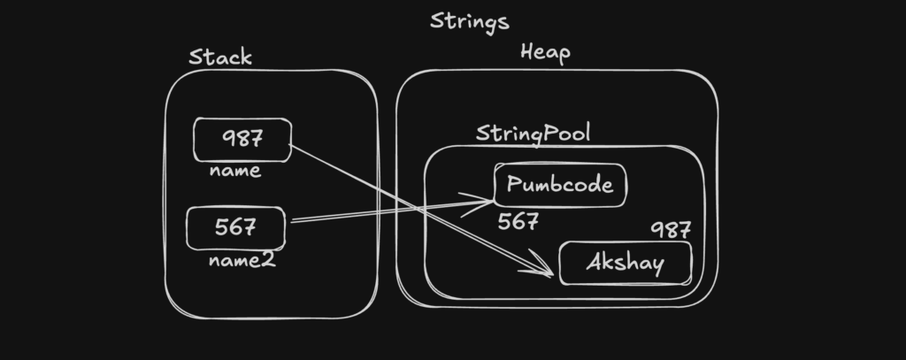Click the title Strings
(x=469, y=20)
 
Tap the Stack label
(x=220, y=57)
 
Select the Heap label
(x=545, y=52)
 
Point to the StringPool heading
(x=533, y=134)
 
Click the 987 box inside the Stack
(x=242, y=140)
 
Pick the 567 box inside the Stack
(x=235, y=227)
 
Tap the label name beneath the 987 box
(x=235, y=171)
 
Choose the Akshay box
(x=625, y=264)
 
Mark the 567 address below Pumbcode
(x=518, y=221)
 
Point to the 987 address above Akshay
(x=671, y=231)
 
